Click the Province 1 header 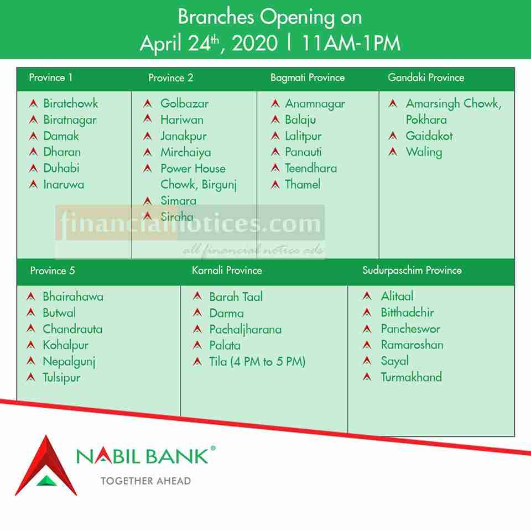(50, 77)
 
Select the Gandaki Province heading (426, 77)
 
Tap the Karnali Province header (227, 270)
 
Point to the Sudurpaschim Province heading (412, 270)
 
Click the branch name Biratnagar (70, 120)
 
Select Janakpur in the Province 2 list (184, 137)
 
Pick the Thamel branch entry (303, 185)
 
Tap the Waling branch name (424, 153)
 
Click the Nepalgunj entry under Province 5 (69, 362)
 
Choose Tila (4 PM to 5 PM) (257, 362)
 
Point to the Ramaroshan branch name (412, 345)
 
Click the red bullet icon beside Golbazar (148, 103)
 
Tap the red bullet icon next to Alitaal (367, 296)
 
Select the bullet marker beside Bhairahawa (31, 296)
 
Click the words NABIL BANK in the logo (142, 456)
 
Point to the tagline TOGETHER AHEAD (146, 481)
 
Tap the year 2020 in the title (254, 43)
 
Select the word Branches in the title (216, 17)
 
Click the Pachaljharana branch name (246, 330)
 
